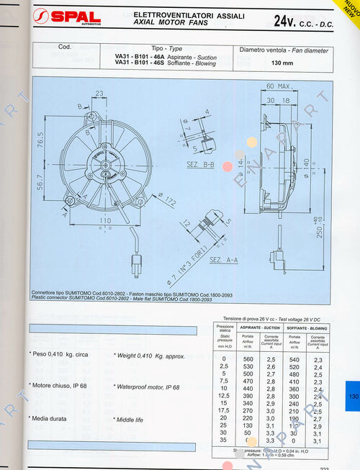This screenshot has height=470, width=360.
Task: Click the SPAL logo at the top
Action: click(x=71, y=17)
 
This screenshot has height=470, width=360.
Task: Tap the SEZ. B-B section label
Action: click(x=202, y=165)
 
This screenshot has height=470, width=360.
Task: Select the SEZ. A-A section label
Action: click(x=225, y=258)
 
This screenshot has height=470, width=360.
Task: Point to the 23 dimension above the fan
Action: click(x=99, y=93)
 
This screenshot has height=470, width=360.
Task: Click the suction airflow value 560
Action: click(x=248, y=358)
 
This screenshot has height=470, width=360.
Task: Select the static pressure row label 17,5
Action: click(x=224, y=411)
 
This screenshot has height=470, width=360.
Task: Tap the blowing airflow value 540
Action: click(x=294, y=358)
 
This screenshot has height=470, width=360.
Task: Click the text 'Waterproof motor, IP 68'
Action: click(x=147, y=387)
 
